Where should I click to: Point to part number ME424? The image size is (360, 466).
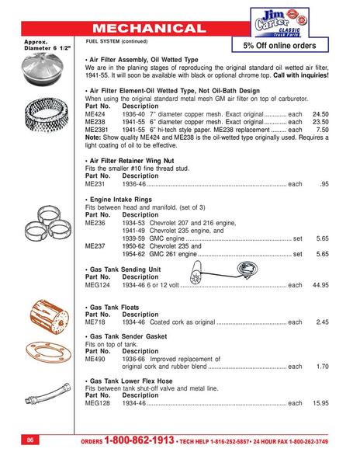pos(95,114)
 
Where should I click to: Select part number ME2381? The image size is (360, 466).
pos(96,129)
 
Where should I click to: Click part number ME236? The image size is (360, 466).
pos(95,222)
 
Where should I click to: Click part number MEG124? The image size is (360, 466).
pos(96,285)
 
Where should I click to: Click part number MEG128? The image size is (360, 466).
pos(96,403)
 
